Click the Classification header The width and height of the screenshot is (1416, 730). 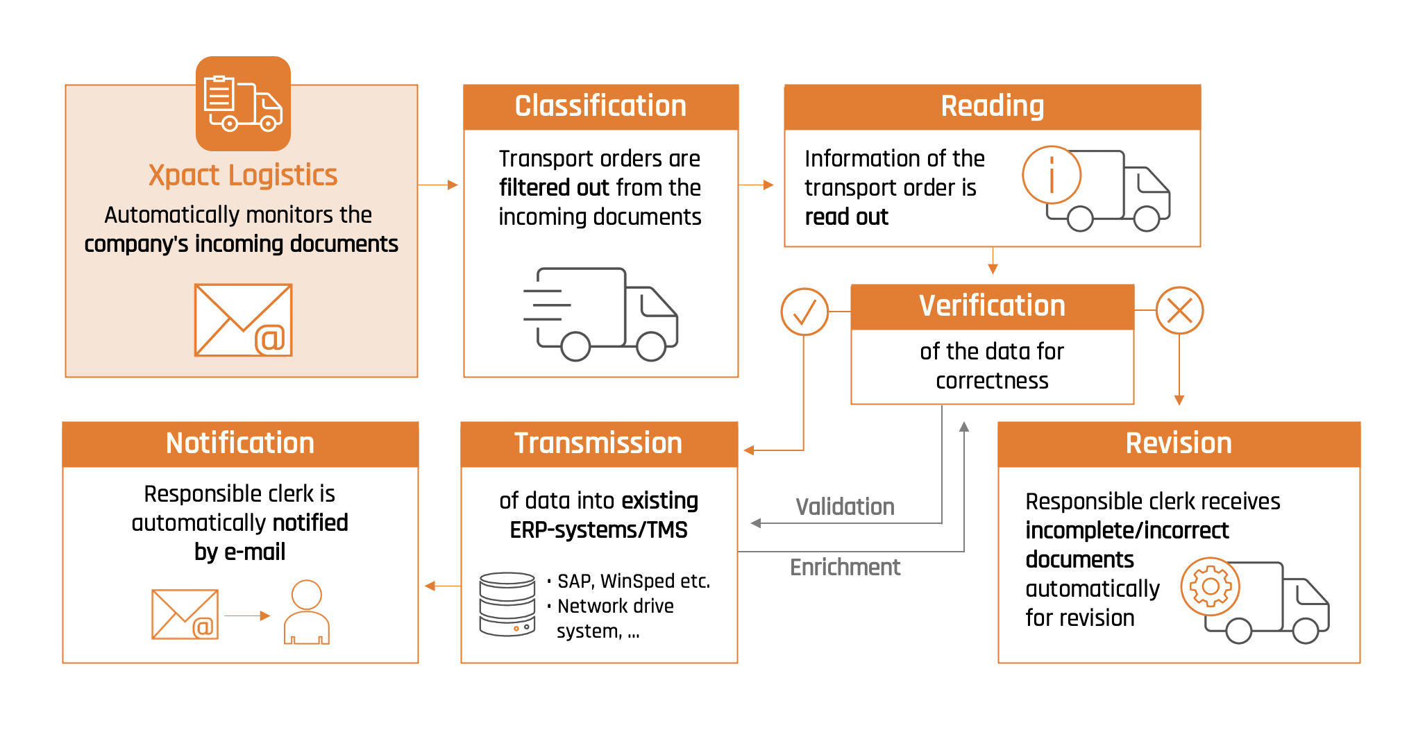pyautogui.click(x=600, y=107)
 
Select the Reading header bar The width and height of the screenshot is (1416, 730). pyautogui.click(x=992, y=107)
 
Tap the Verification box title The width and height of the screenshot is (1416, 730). pyautogui.click(x=992, y=306)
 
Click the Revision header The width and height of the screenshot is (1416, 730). pyautogui.click(x=1179, y=443)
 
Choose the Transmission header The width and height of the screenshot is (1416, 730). pyautogui.click(x=598, y=443)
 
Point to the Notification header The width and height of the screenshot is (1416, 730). pyautogui.click(x=240, y=443)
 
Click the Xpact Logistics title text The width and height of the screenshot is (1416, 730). pyautogui.click(x=243, y=175)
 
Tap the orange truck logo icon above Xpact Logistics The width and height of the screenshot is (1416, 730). pyautogui.click(x=243, y=103)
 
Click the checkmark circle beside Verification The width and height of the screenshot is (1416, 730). pyautogui.click(x=804, y=312)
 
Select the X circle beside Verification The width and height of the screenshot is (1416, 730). pyautogui.click(x=1179, y=310)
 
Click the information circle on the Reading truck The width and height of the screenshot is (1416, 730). pyautogui.click(x=1052, y=175)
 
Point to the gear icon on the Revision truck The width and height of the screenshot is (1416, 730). pyautogui.click(x=1211, y=586)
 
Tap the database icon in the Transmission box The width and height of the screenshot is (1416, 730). pyautogui.click(x=507, y=604)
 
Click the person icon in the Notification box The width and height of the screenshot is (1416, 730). pyautogui.click(x=307, y=612)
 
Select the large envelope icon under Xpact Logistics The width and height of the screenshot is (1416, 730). pyautogui.click(x=243, y=320)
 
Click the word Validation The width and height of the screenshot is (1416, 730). pyautogui.click(x=845, y=507)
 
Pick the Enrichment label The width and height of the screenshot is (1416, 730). pyautogui.click(x=845, y=567)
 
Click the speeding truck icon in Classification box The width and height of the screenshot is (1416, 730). pyautogui.click(x=600, y=314)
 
